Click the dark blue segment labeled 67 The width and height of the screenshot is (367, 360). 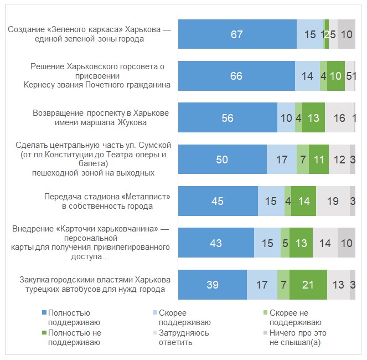237,34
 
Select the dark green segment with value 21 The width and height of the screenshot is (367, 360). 308,285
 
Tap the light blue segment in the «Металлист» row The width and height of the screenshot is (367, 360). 271,201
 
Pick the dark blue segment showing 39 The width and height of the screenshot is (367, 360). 212,285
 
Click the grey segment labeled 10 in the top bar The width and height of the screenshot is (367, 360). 347,34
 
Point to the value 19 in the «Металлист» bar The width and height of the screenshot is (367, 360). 333,201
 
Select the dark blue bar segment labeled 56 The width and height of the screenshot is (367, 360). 227,118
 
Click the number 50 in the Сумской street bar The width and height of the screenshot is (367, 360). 222,160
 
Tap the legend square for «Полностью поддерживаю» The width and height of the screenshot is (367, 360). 44,313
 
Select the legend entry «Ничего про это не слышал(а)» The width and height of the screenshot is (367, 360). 297,337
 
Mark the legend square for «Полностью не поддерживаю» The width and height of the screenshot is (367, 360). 44,333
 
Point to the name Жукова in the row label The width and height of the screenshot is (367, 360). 156,123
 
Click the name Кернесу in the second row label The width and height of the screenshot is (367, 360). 39,85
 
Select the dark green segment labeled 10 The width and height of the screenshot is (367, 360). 336,76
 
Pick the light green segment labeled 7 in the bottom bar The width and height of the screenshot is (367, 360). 283,285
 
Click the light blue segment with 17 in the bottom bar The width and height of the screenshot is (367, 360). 262,285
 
